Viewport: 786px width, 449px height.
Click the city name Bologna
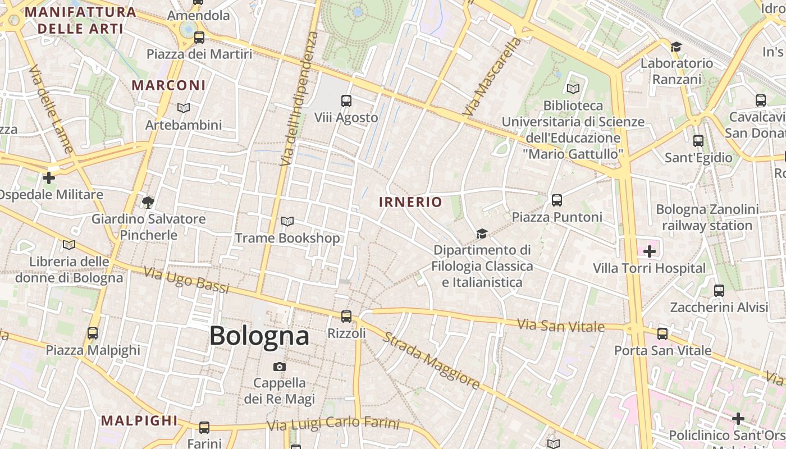tap(259, 336)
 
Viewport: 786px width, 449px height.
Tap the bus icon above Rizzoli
tap(346, 317)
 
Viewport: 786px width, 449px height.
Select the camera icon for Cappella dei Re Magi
tap(279, 367)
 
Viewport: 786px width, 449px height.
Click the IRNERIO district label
tap(410, 202)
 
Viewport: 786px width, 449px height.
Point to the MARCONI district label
tap(168, 85)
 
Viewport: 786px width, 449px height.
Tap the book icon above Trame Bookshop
tap(287, 222)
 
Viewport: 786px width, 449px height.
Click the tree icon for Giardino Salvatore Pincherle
tap(148, 202)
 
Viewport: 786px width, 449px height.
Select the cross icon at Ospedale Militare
tap(49, 178)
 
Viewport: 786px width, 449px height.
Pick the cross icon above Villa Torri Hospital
tap(649, 251)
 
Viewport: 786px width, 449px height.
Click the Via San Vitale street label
tap(560, 326)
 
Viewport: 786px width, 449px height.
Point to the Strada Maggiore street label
tap(431, 360)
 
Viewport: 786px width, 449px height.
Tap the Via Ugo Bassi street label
tap(186, 280)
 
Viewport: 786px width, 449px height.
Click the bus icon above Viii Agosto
tap(346, 101)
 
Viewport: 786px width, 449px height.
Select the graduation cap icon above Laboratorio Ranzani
tap(677, 47)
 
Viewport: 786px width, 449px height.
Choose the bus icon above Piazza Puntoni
tap(557, 200)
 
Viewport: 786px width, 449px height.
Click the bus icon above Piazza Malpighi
tap(93, 333)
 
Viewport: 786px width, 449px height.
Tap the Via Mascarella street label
tap(492, 77)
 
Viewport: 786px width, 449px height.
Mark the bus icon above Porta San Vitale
tap(662, 334)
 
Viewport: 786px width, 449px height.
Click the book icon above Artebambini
tap(184, 108)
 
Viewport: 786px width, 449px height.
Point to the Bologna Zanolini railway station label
tap(707, 218)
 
